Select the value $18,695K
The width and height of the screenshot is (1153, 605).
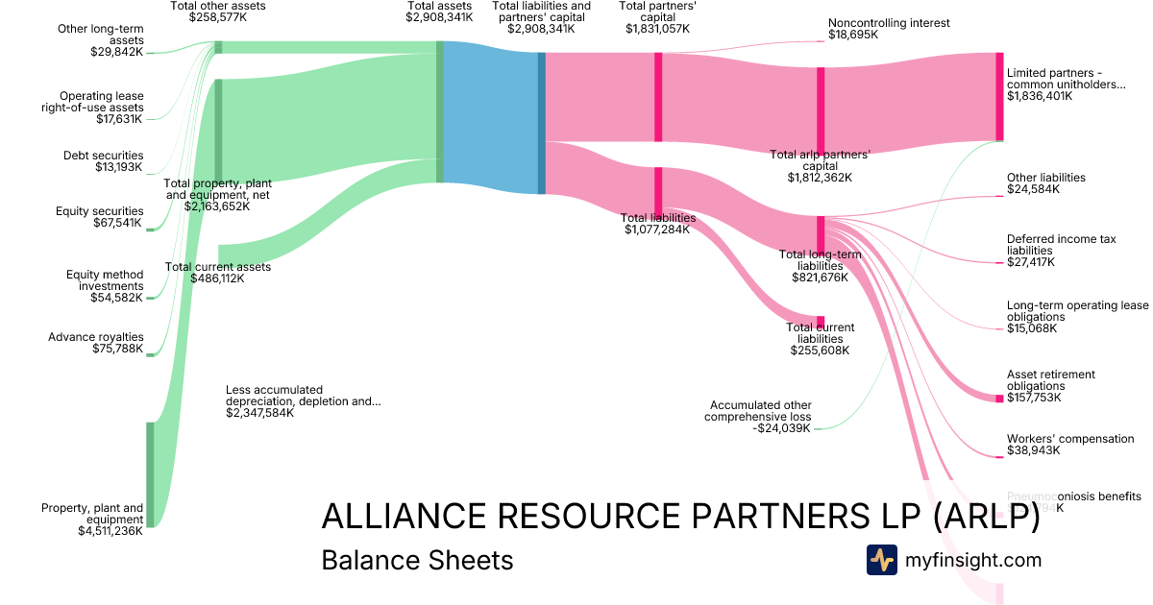pos(852,35)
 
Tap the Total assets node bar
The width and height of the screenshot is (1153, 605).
pos(440,111)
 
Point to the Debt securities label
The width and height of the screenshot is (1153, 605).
pos(103,156)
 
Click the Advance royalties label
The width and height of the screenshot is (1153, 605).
pos(95,337)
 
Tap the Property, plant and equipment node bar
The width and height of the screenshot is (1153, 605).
pos(150,473)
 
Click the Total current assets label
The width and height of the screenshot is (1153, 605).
pos(217,267)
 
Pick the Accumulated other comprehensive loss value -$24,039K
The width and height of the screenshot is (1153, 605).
pos(782,428)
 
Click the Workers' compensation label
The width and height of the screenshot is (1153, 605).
pos(1070,439)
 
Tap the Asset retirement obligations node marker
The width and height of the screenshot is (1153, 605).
pos(999,398)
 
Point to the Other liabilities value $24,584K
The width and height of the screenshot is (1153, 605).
pos(1033,189)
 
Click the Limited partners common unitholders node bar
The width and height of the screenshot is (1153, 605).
pos(999,96)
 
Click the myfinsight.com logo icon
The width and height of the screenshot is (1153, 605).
pos(881,560)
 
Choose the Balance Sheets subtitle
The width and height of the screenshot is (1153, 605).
pos(417,560)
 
